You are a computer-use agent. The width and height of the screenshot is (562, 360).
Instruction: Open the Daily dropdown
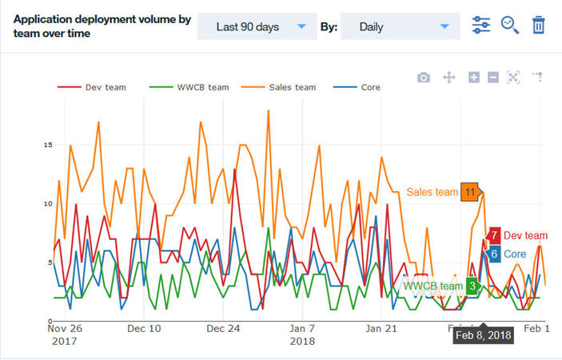pyautogui.click(x=400, y=26)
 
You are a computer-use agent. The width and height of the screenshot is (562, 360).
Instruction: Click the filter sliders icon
pyautogui.click(x=481, y=25)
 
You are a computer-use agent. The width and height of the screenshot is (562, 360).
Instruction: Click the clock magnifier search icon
pyautogui.click(x=510, y=25)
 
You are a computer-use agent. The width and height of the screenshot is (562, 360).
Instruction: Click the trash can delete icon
pyautogui.click(x=539, y=25)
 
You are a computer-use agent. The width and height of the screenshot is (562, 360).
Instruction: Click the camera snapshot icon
pyautogui.click(x=424, y=77)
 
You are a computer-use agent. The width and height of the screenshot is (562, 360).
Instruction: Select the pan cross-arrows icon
pyautogui.click(x=449, y=77)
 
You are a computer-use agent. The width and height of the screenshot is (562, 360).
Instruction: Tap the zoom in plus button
pyautogui.click(x=474, y=77)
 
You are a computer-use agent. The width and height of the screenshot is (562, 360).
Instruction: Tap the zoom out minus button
pyautogui.click(x=493, y=77)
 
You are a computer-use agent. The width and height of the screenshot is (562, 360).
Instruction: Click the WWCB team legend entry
pyautogui.click(x=196, y=87)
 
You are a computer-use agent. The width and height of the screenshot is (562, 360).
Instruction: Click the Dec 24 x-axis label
pyautogui.click(x=223, y=328)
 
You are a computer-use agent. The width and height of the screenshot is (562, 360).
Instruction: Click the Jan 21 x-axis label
pyautogui.click(x=381, y=328)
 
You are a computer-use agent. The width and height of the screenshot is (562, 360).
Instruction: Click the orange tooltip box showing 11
pyautogui.click(x=470, y=192)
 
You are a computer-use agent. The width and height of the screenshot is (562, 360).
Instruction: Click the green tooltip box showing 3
pyautogui.click(x=472, y=286)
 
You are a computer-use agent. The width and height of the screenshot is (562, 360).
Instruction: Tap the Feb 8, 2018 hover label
pyautogui.click(x=484, y=335)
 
